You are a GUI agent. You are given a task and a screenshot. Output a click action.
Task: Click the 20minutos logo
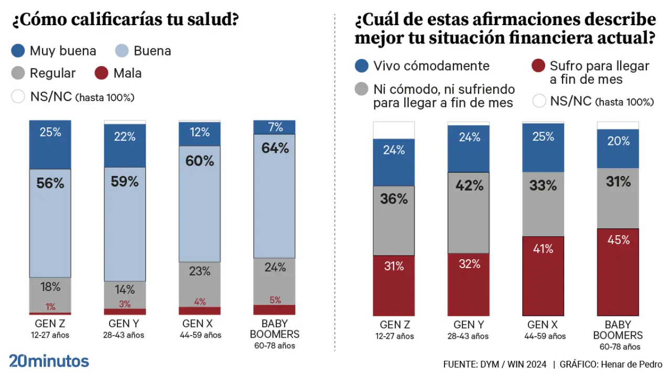(49, 361)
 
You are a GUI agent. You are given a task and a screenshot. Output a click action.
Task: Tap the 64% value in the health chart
(275, 148)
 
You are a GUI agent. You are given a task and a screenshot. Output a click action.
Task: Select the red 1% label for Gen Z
(50, 307)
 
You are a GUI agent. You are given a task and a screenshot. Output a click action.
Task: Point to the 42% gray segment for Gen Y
(469, 213)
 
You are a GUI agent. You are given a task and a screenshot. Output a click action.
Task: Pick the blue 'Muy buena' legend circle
(18, 51)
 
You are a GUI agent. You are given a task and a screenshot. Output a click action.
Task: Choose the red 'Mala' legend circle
(102, 73)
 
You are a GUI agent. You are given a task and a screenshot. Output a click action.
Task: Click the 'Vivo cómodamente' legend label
(431, 66)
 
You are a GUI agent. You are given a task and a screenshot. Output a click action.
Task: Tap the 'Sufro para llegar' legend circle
(538, 66)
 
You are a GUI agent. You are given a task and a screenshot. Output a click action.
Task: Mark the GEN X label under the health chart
(199, 324)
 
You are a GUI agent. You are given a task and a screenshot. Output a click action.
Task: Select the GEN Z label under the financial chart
(394, 325)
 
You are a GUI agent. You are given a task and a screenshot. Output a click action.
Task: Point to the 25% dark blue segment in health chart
(50, 145)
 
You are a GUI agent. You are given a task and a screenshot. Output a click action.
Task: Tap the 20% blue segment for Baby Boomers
(619, 148)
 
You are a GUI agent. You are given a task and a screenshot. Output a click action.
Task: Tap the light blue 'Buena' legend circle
(122, 51)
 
